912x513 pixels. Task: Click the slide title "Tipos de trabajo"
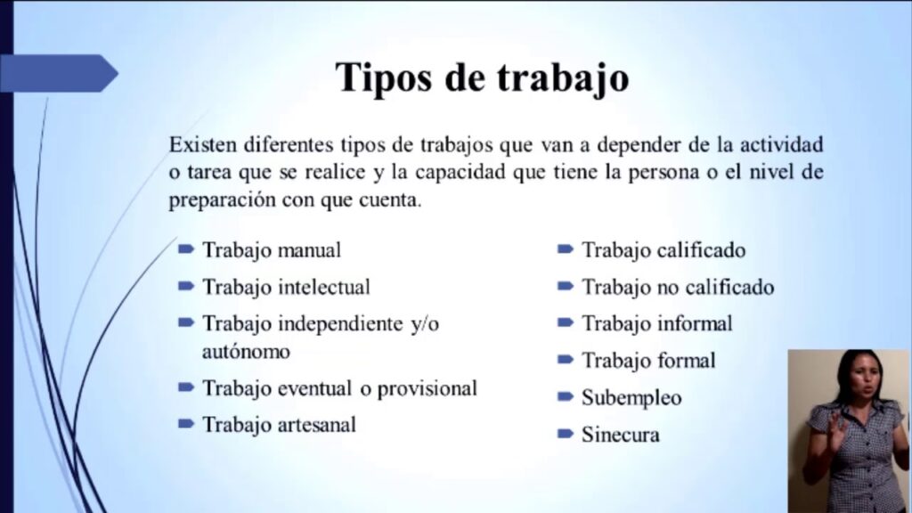pos(482,77)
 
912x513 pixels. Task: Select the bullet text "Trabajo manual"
pos(272,250)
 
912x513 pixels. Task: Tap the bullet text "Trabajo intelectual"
pos(286,288)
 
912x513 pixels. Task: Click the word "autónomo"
pos(246,351)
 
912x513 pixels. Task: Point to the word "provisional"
pos(427,388)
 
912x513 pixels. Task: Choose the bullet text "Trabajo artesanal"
pos(279,425)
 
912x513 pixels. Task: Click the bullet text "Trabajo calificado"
pos(664,250)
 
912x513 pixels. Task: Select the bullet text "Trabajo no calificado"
pos(678,288)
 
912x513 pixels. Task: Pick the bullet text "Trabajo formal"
pos(648,361)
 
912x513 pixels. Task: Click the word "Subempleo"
pos(631,398)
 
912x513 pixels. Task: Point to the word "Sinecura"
pos(621,435)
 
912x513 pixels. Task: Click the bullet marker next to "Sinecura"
pos(566,434)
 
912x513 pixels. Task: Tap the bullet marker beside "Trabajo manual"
pos(186,249)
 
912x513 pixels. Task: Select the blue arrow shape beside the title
pos(59,73)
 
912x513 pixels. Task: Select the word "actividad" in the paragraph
pos(781,144)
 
